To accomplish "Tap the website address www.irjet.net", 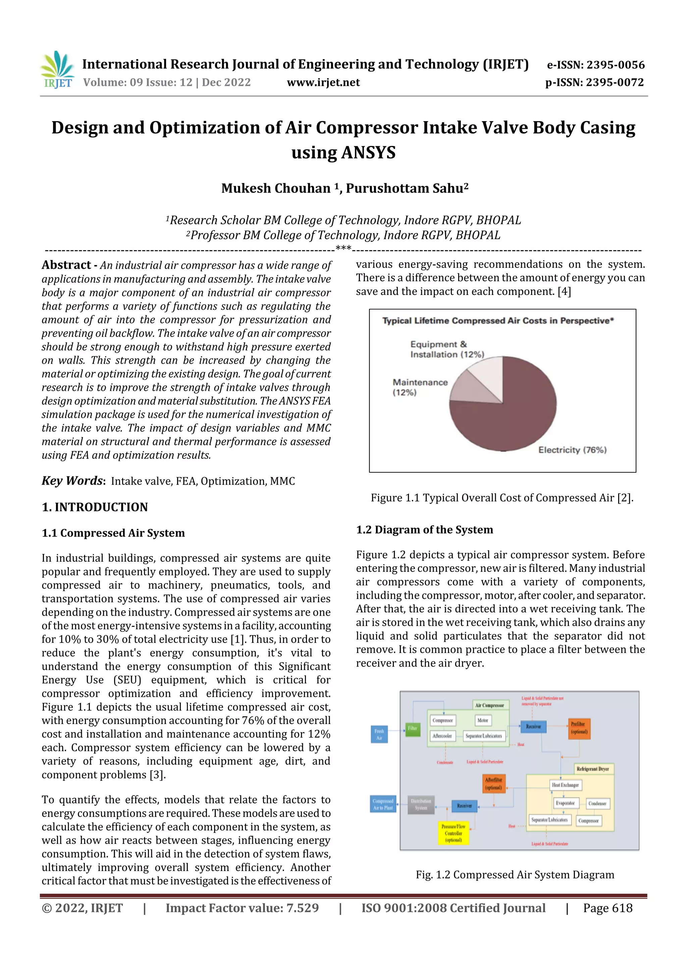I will point(323,83).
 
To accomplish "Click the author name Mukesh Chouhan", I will point(275,188).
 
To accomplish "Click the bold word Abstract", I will point(66,265).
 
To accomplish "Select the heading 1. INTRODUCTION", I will point(95,507).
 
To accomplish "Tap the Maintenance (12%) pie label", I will point(420,387).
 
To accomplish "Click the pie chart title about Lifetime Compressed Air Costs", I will point(498,320).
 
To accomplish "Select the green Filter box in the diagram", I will point(413,728).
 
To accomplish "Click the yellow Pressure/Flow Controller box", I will point(453,833).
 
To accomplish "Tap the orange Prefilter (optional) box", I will point(578,728).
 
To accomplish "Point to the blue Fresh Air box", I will point(379,734).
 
